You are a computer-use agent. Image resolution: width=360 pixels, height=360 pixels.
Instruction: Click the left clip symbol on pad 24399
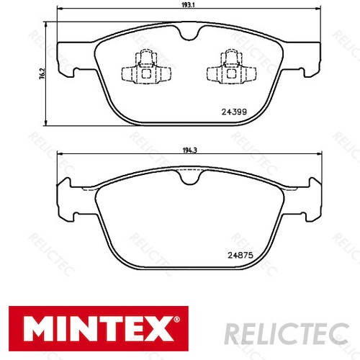[144, 66]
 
